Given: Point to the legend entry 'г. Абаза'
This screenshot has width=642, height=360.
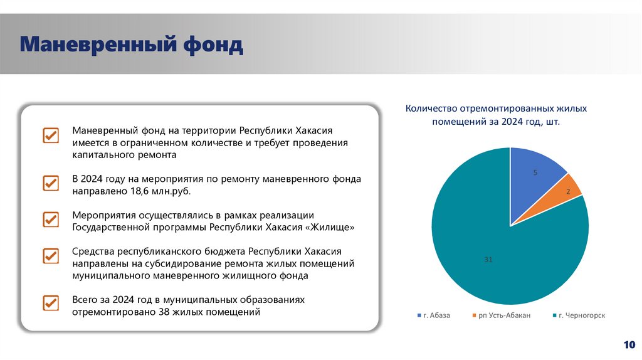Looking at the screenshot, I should [x=434, y=315].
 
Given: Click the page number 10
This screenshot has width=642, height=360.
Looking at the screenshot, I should [x=629, y=344].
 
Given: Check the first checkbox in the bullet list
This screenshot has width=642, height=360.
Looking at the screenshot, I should [x=50, y=136].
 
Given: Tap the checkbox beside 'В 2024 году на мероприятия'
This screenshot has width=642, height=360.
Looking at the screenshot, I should [x=50, y=184].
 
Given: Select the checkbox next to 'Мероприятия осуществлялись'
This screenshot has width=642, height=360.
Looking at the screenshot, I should [x=50, y=220].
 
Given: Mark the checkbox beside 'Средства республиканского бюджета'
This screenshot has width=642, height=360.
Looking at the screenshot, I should [x=50, y=257].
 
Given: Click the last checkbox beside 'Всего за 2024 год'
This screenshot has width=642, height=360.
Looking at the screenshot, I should [x=50, y=303].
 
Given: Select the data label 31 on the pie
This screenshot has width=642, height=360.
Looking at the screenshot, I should [x=488, y=259].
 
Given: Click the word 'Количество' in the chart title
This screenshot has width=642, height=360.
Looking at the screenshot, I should [x=427, y=109].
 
